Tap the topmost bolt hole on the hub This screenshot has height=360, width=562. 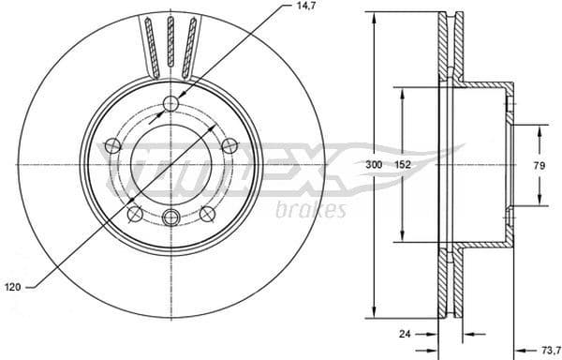pyautogui.click(x=170, y=103)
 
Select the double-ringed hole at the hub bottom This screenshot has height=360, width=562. pyautogui.click(x=170, y=217)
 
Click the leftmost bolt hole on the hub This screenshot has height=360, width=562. pyautogui.click(x=112, y=145)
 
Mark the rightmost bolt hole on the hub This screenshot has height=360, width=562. pyautogui.click(x=228, y=145)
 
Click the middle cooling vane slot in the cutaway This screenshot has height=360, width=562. pyautogui.click(x=170, y=42)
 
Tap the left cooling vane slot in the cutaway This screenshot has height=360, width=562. pyautogui.click(x=150, y=42)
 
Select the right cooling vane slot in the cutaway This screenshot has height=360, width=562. pyautogui.click(x=191, y=42)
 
